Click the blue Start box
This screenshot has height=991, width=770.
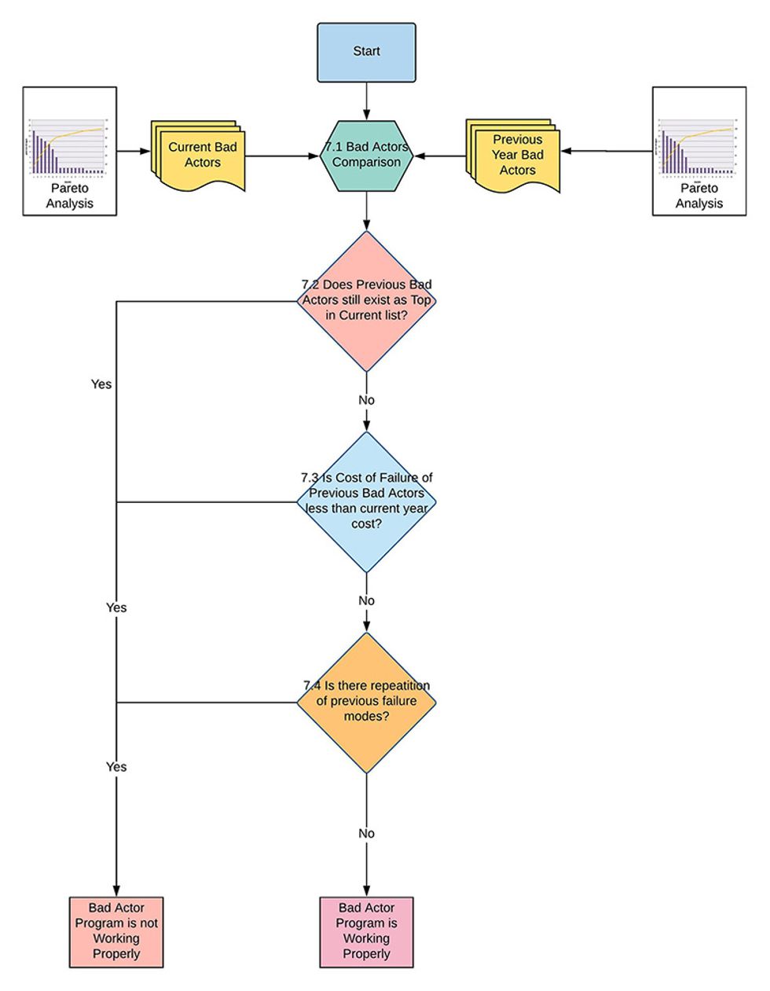pos(366,52)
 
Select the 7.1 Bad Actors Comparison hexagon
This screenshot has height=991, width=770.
pos(366,155)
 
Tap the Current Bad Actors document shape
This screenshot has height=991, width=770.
pos(200,155)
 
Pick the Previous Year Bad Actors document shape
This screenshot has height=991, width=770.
pos(515,156)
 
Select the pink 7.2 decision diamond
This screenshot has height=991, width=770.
pos(366,301)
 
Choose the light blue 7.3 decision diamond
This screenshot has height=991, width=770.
pos(366,501)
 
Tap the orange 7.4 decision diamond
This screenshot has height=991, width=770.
pos(366,702)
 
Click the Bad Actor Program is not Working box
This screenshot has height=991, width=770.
pos(116,932)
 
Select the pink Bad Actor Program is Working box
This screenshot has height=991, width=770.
pos(366,932)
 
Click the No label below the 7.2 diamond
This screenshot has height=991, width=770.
pos(366,400)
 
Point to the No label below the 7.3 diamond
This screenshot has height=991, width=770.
pos(366,600)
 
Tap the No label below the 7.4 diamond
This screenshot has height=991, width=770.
pos(366,833)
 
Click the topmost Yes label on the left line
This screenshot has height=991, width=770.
pos(101,384)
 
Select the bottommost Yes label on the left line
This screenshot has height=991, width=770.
pos(116,766)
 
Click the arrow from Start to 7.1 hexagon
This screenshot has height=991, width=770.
pos(366,101)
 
